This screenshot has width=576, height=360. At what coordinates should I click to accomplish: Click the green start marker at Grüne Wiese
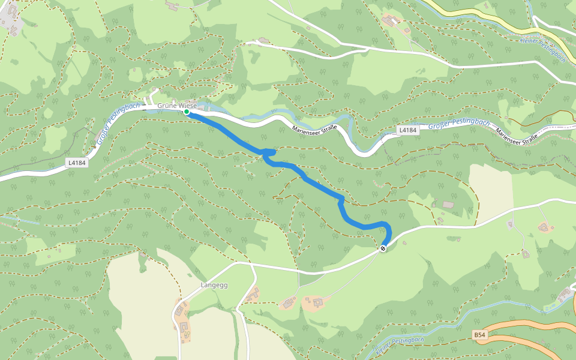point(187,112)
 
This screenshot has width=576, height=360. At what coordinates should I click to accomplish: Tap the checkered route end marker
point(383,248)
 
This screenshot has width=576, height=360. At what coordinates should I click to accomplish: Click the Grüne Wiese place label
point(177,106)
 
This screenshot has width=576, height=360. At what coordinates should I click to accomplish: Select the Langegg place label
point(214,286)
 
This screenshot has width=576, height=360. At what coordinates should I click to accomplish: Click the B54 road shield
point(479,335)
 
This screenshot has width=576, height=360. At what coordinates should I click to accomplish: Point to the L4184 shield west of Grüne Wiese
point(76,162)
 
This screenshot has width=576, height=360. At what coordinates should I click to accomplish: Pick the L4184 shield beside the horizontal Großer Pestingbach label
point(407,130)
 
